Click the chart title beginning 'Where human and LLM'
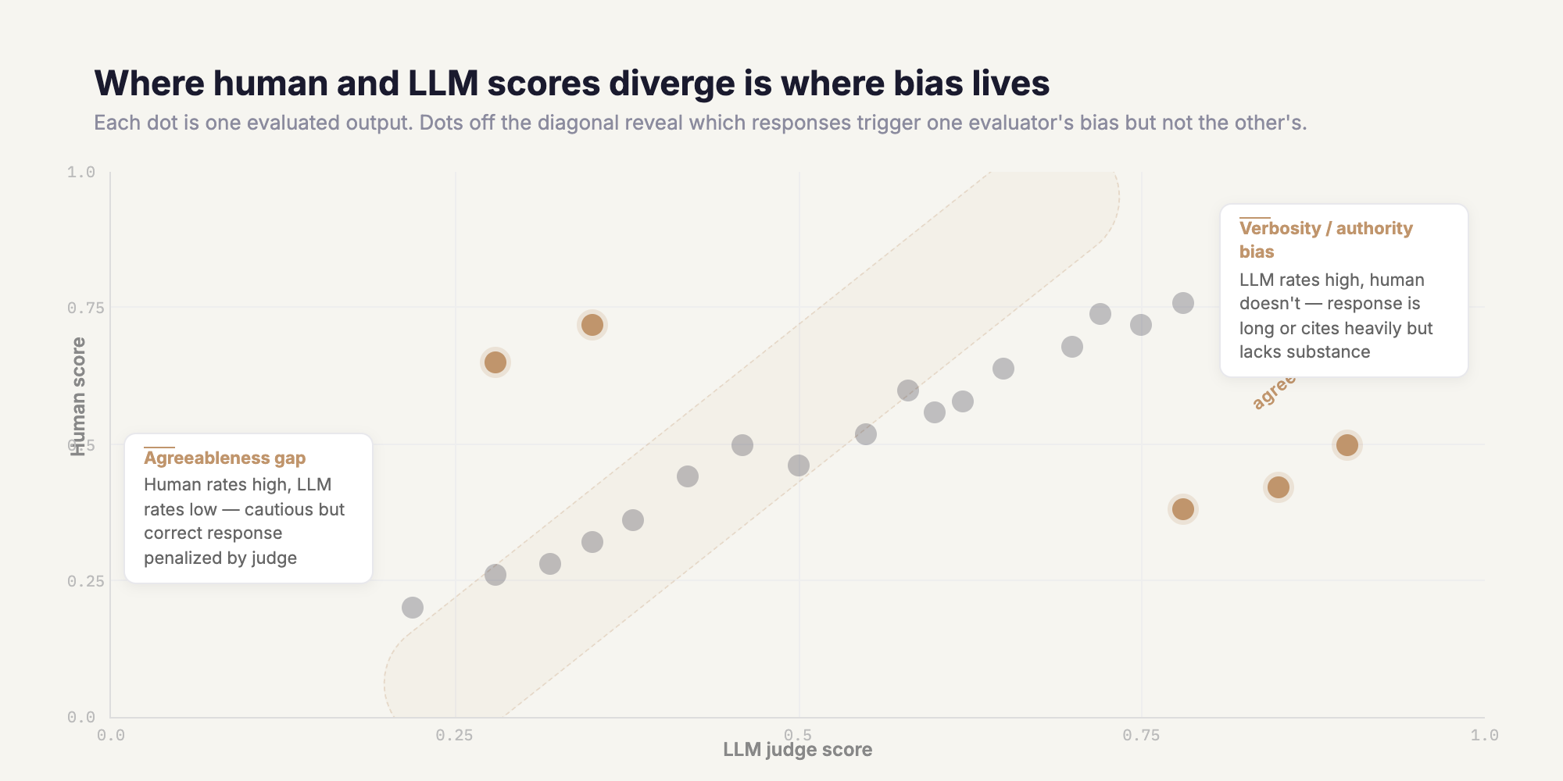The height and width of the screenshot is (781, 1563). pos(571,84)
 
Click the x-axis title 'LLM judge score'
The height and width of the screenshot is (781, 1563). pos(797,750)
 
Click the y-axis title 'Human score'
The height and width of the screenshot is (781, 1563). pos(78,396)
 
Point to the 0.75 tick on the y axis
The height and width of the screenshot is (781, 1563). pos(86,308)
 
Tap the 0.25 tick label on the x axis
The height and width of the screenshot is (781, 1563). pos(454,735)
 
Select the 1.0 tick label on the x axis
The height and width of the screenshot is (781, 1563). pos(1484,735)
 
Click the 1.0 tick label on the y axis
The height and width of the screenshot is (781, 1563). pos(81,172)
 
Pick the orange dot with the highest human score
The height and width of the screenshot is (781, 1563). pos(592,325)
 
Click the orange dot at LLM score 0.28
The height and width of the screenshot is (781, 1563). pos(495,362)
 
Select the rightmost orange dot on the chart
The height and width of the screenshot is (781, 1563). pos(1347,445)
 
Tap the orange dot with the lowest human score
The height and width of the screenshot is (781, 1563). pos(1183,509)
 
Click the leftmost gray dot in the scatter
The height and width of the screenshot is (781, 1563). pos(413,608)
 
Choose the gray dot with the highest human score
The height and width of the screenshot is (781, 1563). pos(1183,303)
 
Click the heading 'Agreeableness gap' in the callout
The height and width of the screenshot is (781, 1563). pos(224,458)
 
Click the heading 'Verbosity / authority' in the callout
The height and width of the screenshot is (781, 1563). pos(1325,229)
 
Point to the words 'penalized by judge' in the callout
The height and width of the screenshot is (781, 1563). pos(220,558)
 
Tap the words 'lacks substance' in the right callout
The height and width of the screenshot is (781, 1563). pos(1304,352)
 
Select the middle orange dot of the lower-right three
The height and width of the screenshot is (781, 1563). pos(1278,487)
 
